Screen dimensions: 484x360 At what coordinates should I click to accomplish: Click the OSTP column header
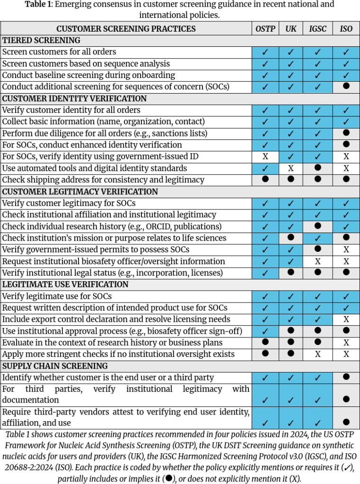(265, 29)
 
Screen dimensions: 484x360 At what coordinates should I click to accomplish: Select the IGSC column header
(318, 29)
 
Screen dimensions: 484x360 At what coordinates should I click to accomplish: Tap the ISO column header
(346, 29)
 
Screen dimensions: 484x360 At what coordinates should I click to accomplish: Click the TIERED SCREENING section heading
(41, 40)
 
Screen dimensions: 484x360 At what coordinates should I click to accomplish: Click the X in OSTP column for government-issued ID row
(265, 156)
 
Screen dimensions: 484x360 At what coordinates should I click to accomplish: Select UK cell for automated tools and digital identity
(291, 168)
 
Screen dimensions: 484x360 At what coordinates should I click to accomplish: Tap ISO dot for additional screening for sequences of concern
(346, 87)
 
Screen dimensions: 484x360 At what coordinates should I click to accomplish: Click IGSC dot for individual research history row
(318, 226)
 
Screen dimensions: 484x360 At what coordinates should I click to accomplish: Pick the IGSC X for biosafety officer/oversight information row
(318, 261)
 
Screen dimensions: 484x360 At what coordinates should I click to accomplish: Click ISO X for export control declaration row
(346, 320)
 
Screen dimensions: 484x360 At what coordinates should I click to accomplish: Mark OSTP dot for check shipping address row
(265, 180)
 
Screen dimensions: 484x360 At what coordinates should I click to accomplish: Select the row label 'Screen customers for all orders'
(59, 52)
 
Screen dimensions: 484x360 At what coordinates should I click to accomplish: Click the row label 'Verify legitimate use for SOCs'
(57, 296)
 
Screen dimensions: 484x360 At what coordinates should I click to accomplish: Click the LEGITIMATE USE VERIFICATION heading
(65, 285)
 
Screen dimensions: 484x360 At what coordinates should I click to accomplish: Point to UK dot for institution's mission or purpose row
(291, 238)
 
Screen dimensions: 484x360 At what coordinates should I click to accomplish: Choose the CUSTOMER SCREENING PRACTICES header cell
(126, 29)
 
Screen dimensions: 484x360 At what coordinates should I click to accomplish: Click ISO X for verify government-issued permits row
(346, 250)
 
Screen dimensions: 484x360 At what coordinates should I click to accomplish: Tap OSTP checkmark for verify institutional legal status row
(265, 273)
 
